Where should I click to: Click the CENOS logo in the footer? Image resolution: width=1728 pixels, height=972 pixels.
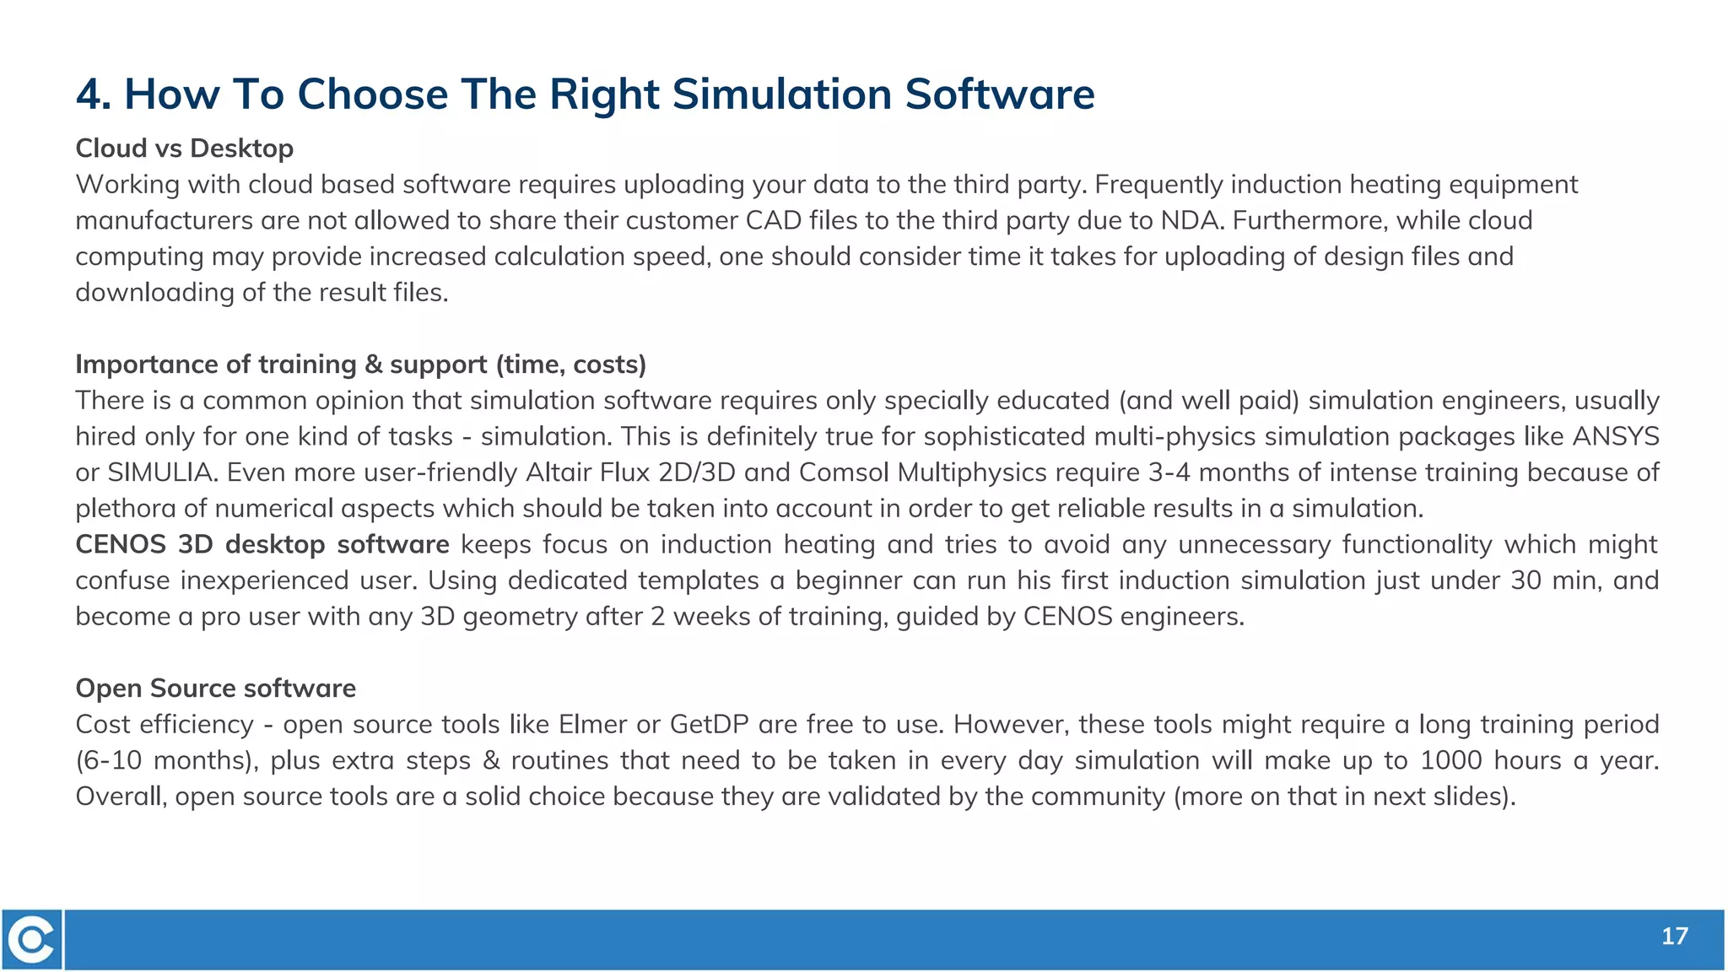[x=32, y=939]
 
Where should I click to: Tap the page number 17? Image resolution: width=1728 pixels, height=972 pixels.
[x=1674, y=936]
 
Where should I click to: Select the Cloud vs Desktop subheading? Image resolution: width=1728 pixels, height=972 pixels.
[x=184, y=148]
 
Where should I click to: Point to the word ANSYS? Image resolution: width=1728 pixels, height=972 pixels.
[x=1616, y=436]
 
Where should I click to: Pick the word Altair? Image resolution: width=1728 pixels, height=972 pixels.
[x=559, y=472]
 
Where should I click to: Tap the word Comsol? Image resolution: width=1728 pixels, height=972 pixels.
[x=844, y=472]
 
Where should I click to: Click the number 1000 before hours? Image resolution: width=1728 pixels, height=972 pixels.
[x=1450, y=760]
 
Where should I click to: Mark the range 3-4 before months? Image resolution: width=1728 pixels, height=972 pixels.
[x=1169, y=472]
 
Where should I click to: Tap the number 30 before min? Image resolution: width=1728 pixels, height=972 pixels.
[x=1525, y=580]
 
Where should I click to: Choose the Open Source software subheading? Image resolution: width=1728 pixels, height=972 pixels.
[x=215, y=688]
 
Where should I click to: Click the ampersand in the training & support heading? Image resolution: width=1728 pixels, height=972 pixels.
[x=374, y=364]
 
